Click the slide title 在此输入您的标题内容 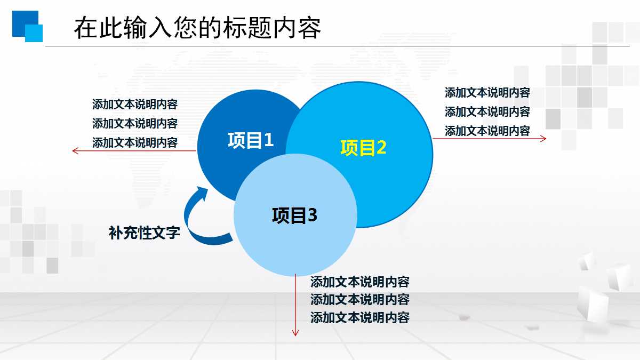[197, 28]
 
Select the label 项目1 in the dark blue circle [251, 140]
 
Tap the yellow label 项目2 [363, 148]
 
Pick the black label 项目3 [294, 215]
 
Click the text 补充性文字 [145, 233]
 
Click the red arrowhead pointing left [75, 151]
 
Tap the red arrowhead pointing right [543, 139]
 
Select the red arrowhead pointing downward [295, 333]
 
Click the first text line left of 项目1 [135, 104]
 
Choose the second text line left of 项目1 [135, 123]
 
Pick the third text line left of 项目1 [135, 142]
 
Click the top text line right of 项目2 [487, 92]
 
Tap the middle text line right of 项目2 [487, 111]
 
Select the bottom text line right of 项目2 [487, 131]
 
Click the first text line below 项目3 [359, 282]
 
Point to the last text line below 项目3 [359, 318]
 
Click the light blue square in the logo [34, 33]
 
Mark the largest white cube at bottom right [593, 303]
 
